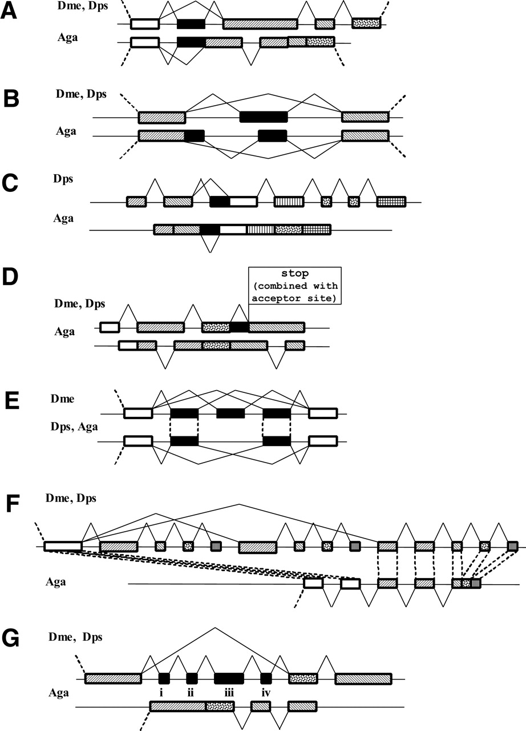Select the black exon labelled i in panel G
[164, 678]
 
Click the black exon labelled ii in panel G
[192, 678]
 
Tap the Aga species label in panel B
[67, 131]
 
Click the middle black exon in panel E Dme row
[230, 413]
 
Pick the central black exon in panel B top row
[264, 117]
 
